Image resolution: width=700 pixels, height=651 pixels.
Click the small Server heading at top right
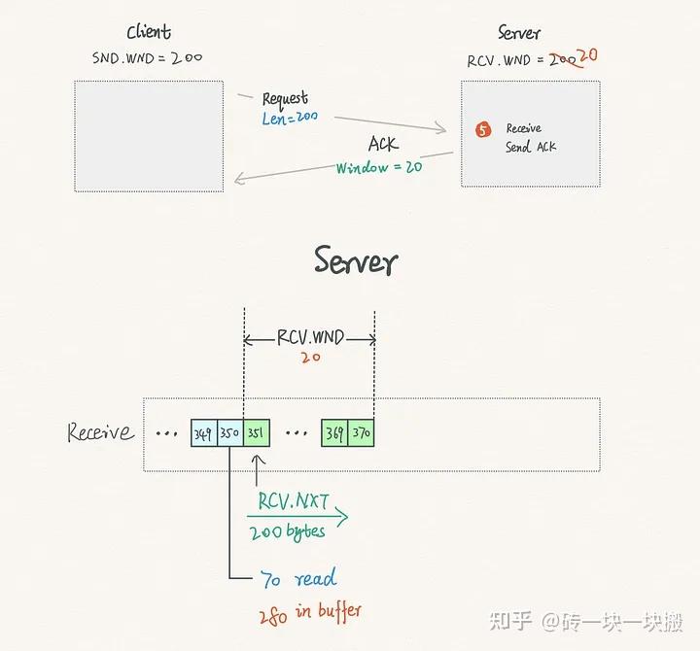[x=518, y=33]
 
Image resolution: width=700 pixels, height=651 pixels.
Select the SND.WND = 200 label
[x=148, y=58]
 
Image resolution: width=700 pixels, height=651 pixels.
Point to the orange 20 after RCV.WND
[x=585, y=56]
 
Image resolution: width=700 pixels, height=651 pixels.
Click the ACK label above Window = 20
[x=383, y=144]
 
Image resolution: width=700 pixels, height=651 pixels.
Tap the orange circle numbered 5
[x=483, y=129]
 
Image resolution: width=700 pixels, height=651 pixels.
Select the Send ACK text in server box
[x=531, y=147]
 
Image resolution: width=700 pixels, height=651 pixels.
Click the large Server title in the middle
[x=355, y=261]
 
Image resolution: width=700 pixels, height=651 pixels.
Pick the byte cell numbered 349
[x=203, y=432]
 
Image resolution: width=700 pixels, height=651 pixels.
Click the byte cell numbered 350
[x=229, y=432]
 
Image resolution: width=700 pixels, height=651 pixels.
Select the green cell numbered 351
[x=256, y=432]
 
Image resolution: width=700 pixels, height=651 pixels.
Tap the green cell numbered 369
[x=334, y=432]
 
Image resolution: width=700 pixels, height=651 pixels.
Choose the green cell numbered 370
[x=362, y=432]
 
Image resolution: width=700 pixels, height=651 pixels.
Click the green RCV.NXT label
[x=293, y=501]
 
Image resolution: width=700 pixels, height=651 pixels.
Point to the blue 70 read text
[x=298, y=579]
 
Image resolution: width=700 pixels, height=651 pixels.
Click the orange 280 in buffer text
[x=309, y=611]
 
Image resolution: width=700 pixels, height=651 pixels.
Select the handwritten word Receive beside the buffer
[x=100, y=431]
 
